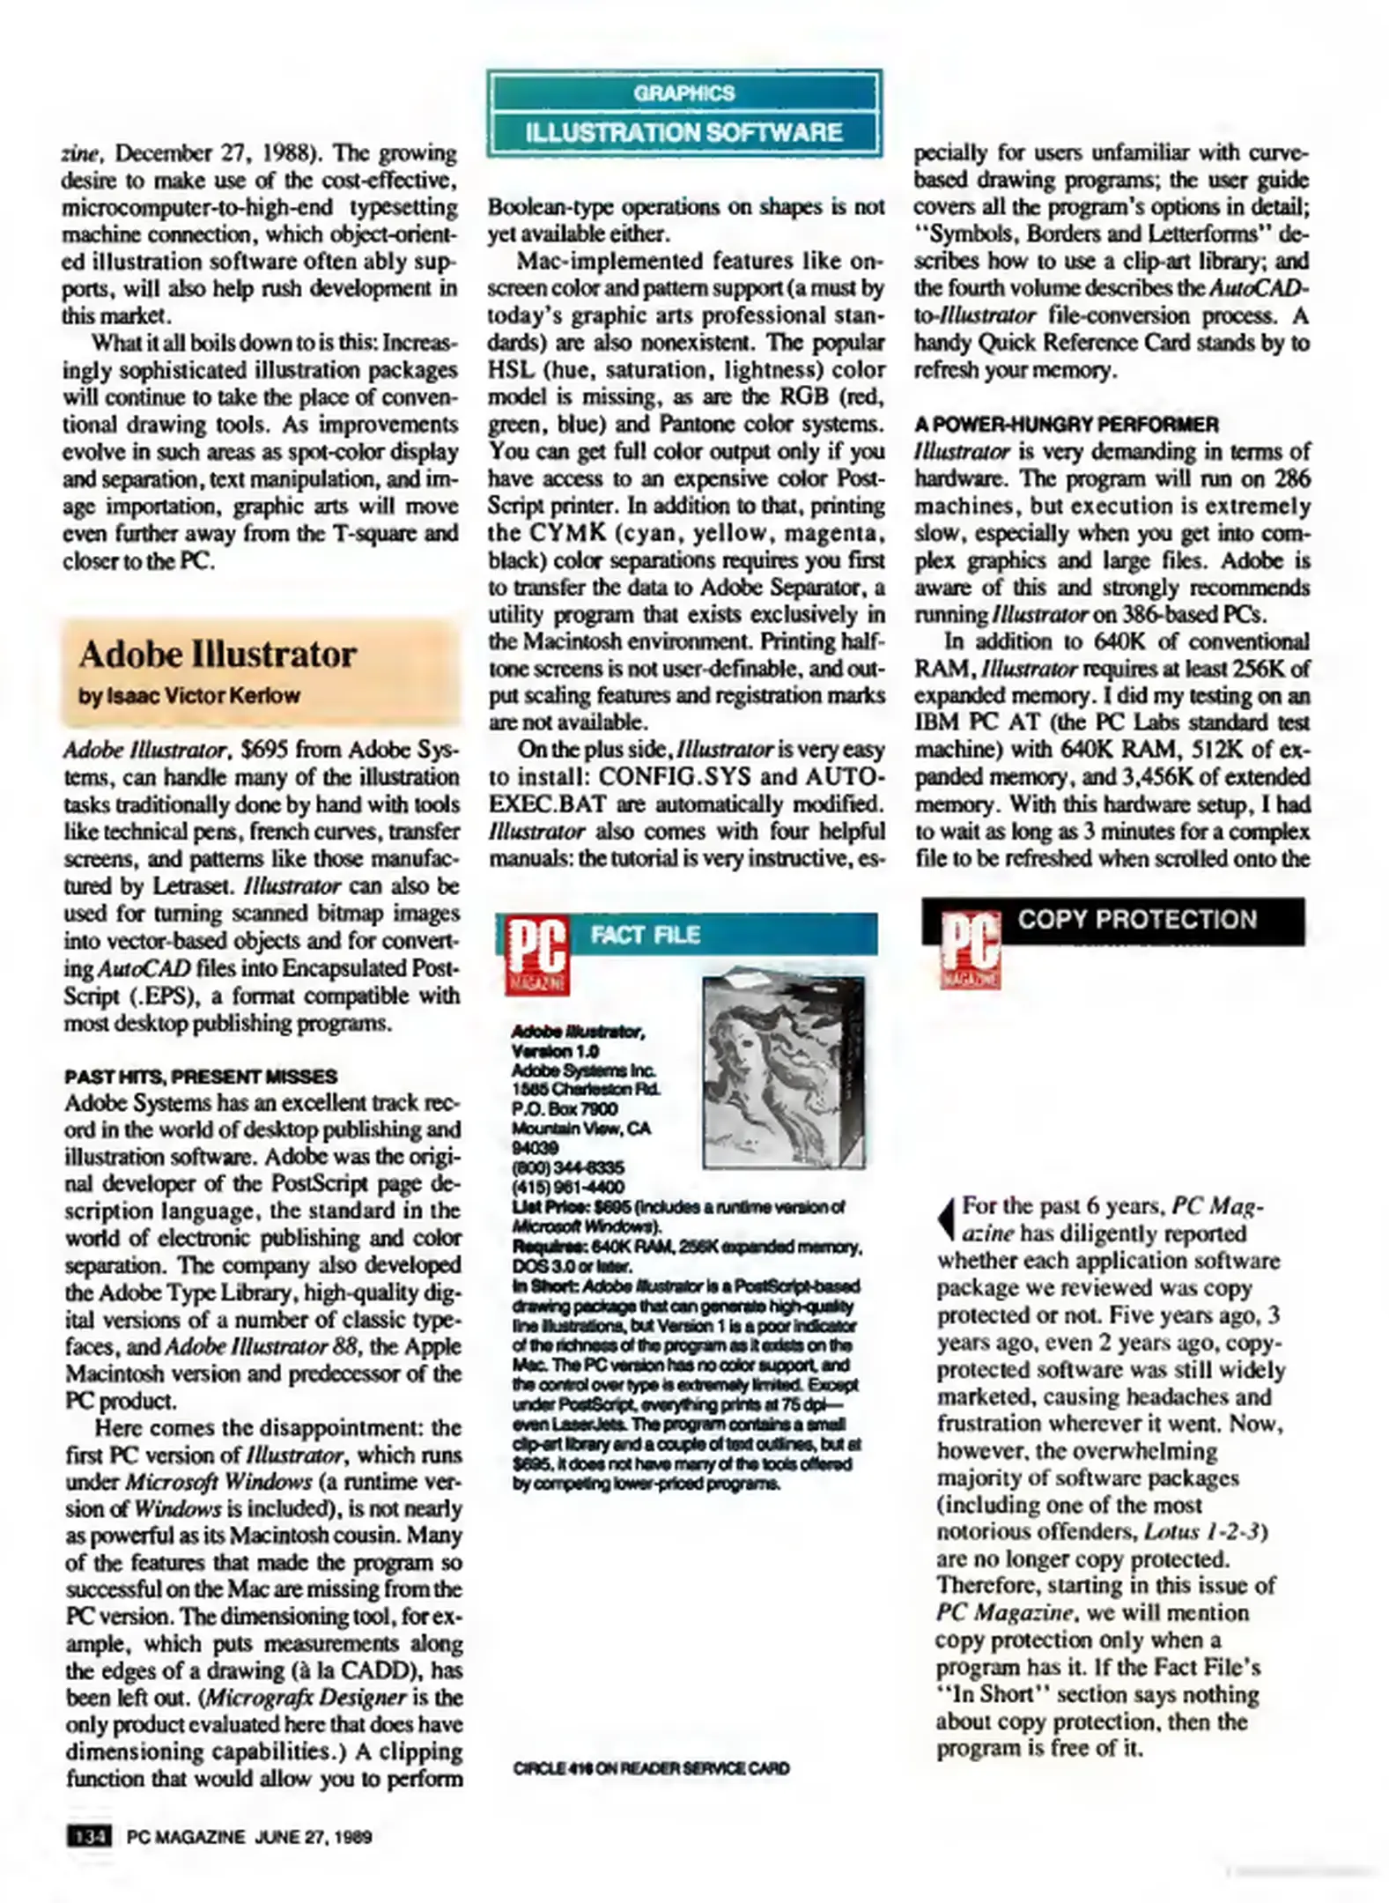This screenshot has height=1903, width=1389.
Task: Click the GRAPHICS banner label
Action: point(683,93)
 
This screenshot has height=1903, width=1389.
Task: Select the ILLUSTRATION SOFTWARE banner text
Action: point(683,132)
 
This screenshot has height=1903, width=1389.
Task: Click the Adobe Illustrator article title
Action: point(217,655)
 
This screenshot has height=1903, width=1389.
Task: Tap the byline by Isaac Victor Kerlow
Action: point(189,695)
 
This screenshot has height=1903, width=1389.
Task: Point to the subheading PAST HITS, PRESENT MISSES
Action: point(201,1076)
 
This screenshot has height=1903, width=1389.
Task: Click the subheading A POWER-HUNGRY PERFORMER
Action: point(1066,425)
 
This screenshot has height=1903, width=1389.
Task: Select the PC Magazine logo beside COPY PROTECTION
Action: point(970,950)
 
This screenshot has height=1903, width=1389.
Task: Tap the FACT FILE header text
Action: point(645,935)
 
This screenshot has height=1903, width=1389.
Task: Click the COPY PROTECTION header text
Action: point(1137,920)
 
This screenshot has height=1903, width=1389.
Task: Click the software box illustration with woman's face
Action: point(783,1070)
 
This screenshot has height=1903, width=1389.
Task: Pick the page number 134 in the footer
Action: point(89,1837)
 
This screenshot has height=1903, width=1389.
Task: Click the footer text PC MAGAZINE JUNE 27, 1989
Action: point(249,1837)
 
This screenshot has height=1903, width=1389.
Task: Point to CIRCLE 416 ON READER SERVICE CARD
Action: point(651,1768)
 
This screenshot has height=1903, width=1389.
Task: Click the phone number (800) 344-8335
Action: point(568,1167)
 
